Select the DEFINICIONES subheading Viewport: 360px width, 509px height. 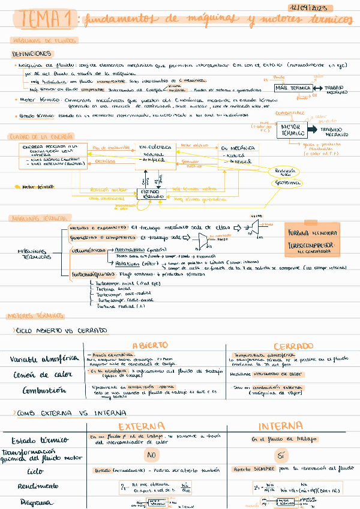[31, 53]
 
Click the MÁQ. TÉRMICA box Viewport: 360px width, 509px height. [292, 88]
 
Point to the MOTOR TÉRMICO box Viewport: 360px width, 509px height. [292, 130]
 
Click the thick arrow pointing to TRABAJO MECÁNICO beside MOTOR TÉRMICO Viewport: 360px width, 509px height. [313, 130]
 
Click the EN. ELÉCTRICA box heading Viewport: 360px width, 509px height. [155, 146]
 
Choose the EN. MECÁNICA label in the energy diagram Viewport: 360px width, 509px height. [234, 148]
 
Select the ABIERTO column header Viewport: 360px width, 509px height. [154, 346]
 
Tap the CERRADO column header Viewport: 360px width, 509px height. [293, 346]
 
